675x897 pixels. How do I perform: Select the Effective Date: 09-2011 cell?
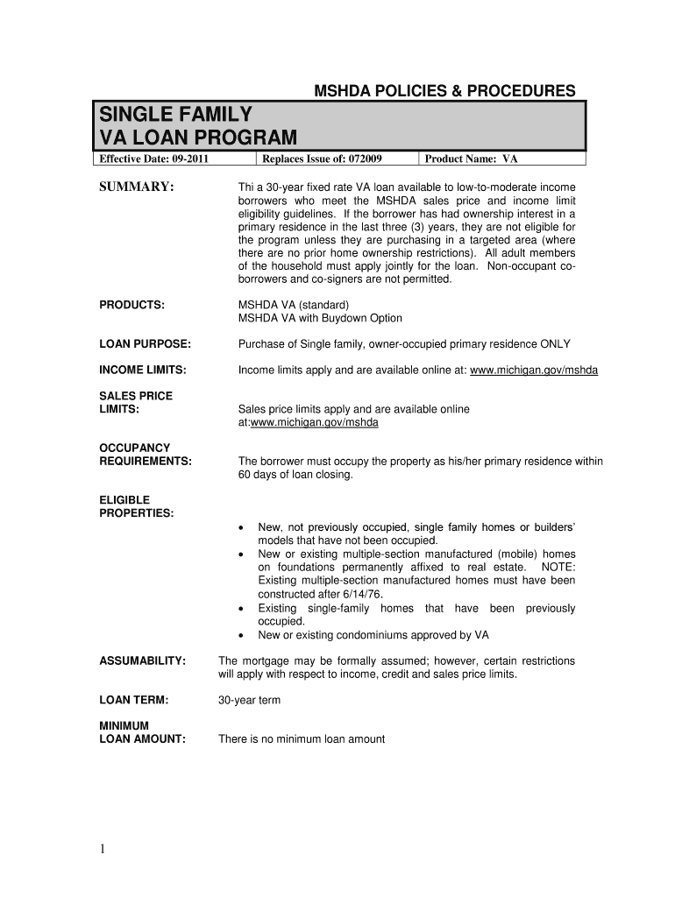[153, 159]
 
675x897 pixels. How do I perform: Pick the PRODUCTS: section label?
[132, 304]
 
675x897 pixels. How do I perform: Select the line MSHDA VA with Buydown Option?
[320, 318]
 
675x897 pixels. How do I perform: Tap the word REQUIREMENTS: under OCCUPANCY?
[146, 462]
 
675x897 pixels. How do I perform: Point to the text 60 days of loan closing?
[295, 475]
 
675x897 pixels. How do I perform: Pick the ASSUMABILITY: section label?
[142, 661]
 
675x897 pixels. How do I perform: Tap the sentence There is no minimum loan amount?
[301, 739]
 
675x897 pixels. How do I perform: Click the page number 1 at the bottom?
[103, 848]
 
